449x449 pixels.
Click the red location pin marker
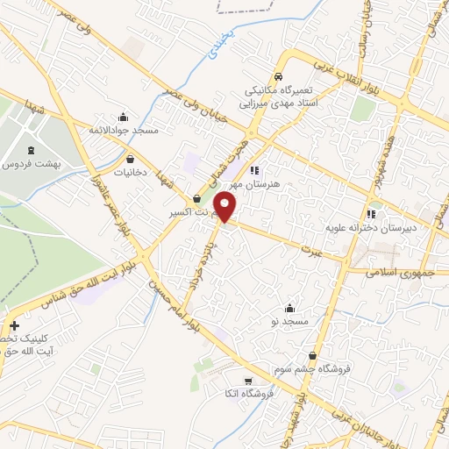225,207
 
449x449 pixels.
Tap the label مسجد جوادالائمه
123,131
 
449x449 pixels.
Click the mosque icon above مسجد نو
290,308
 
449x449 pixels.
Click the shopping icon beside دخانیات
131,160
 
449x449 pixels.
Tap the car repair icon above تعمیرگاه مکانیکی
278,76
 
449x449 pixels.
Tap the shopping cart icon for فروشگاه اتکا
249,381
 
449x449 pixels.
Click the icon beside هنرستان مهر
254,170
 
